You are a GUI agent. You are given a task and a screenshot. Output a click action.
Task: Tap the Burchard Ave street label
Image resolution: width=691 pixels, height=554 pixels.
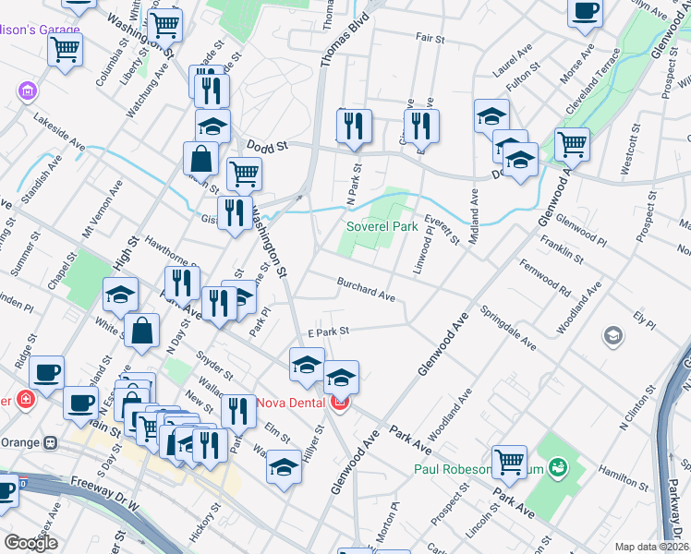[366, 291]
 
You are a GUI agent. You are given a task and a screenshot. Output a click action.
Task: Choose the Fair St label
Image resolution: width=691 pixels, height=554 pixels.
[430, 39]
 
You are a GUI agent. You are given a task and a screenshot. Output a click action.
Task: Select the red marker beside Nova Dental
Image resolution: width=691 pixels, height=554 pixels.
[340, 403]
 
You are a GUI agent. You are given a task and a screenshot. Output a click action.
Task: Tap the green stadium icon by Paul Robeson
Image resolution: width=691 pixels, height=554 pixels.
[556, 467]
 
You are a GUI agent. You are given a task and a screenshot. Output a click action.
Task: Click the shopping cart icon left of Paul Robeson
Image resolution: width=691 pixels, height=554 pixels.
[509, 461]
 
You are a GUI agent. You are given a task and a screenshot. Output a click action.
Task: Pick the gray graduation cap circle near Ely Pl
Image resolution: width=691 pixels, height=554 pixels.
[612, 336]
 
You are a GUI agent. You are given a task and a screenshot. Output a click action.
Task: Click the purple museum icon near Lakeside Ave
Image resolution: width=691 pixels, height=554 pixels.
[27, 91]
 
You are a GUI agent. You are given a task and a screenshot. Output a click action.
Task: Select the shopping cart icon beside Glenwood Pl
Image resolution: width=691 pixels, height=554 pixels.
[572, 143]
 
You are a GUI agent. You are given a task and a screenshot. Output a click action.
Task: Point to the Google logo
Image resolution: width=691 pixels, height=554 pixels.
[30, 543]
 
